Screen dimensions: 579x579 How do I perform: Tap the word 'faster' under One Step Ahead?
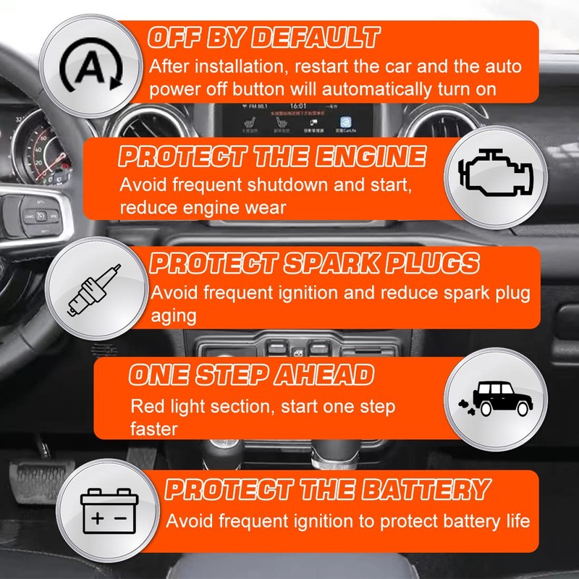pos(154,428)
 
